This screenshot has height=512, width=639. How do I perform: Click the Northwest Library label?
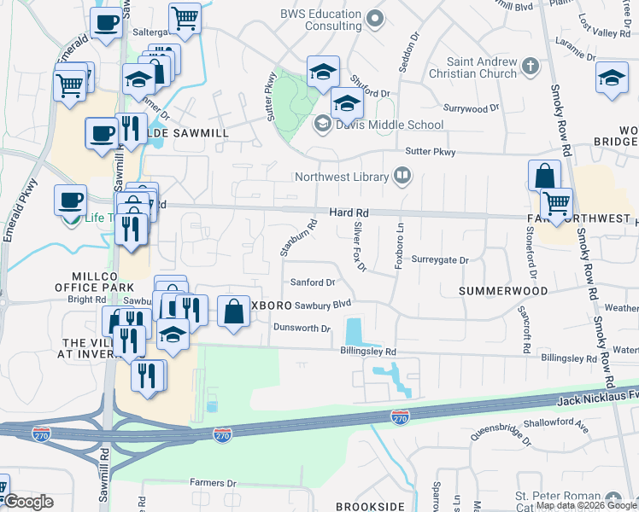click(x=341, y=177)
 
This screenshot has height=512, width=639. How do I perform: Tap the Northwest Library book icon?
click(x=402, y=177)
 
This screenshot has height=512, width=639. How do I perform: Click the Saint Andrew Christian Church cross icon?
click(x=530, y=66)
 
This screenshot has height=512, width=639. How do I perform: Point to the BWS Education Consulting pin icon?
click(x=373, y=18)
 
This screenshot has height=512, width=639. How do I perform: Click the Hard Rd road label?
click(x=349, y=212)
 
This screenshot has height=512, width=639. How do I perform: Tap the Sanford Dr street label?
click(x=311, y=282)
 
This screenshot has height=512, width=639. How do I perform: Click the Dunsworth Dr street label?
click(x=302, y=328)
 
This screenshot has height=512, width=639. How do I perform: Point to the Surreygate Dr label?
click(x=440, y=260)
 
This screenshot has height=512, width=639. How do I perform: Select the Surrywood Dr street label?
click(x=471, y=108)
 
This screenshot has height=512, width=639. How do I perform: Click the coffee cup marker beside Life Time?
click(x=70, y=201)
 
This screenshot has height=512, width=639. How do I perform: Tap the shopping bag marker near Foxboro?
click(x=233, y=311)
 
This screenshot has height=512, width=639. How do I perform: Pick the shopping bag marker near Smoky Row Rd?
click(x=544, y=177)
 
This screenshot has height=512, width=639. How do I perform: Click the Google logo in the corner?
click(x=28, y=502)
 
